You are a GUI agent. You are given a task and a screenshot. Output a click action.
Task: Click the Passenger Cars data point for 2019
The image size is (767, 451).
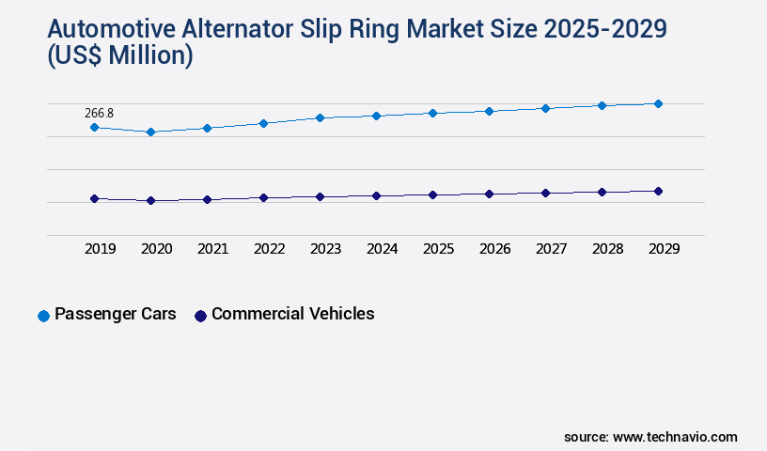(x=94, y=127)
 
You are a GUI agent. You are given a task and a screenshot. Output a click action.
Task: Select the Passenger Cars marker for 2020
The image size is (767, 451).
(x=150, y=132)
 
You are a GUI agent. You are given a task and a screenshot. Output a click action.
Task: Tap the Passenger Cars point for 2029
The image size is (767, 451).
(x=658, y=103)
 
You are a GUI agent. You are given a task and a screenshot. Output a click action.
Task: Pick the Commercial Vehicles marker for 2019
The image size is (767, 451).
(x=94, y=198)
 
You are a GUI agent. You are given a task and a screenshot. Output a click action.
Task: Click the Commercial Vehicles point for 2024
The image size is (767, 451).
(x=376, y=195)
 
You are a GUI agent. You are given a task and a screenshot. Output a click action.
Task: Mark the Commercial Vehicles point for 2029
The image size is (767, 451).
(x=658, y=191)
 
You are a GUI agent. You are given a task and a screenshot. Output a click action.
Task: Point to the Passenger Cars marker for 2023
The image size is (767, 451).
(x=320, y=117)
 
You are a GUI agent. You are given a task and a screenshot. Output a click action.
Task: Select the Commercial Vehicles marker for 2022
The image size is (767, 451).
(x=263, y=197)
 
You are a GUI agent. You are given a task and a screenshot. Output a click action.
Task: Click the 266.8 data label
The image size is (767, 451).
(x=99, y=113)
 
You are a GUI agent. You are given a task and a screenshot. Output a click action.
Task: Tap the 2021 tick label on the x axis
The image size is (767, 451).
(x=212, y=249)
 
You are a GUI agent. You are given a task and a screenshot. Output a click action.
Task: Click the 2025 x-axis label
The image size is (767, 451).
(x=438, y=249)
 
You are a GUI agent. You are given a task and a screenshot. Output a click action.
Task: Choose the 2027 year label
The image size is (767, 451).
(x=551, y=249)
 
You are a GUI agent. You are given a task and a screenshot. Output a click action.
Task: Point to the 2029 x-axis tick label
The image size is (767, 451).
(x=664, y=249)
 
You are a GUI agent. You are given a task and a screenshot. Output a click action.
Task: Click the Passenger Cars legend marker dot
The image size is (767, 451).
(x=43, y=316)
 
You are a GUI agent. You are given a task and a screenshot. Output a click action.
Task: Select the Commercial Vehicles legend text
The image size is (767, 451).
(x=292, y=314)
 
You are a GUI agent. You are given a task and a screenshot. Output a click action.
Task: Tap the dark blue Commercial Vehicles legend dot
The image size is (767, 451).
(x=200, y=316)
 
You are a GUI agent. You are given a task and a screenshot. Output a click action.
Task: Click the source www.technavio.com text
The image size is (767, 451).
(x=650, y=437)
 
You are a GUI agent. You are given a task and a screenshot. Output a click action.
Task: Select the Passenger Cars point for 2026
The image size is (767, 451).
(x=489, y=111)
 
